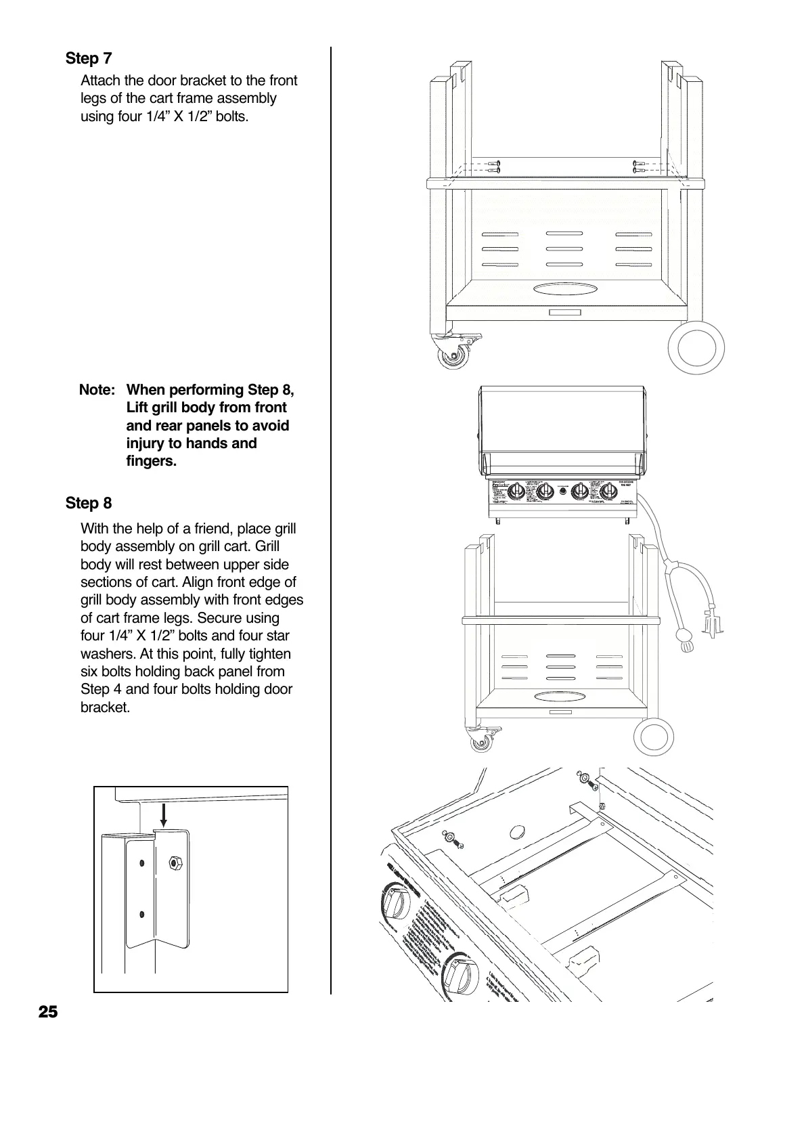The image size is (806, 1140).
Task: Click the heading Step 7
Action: click(89, 58)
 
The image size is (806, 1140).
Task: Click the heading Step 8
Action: click(89, 503)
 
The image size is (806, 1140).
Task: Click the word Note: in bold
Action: click(97, 390)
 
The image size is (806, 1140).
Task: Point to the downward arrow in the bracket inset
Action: click(164, 814)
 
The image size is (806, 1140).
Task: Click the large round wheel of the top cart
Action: click(696, 349)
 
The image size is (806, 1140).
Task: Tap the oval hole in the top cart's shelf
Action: click(566, 289)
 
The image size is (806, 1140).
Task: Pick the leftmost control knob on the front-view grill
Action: click(516, 492)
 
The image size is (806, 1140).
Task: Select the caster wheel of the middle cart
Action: click(482, 743)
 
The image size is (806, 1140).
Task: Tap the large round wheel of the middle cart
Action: click(656, 737)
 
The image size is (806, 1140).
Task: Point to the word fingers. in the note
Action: click(152, 462)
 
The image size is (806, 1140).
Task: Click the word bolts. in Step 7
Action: click(229, 116)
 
